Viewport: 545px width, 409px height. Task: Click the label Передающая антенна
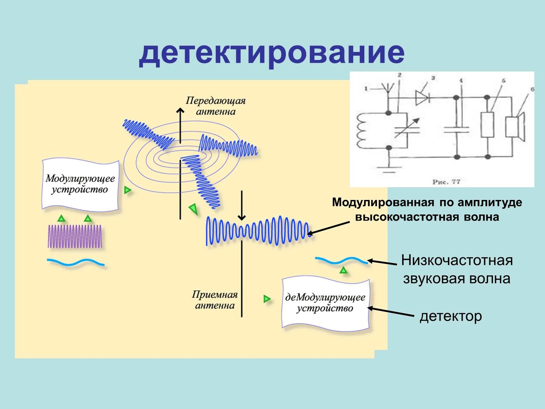click(x=215, y=106)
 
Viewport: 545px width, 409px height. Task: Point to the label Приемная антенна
click(x=215, y=300)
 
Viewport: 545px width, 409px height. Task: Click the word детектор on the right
click(x=451, y=316)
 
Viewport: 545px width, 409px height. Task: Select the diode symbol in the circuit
click(x=423, y=98)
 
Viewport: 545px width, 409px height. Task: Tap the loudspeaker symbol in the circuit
click(x=515, y=127)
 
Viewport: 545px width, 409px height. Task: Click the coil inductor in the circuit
click(x=362, y=131)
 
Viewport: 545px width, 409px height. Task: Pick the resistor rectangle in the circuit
click(x=487, y=125)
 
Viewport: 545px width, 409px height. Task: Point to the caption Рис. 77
click(x=446, y=182)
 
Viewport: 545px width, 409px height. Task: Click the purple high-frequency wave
click(x=75, y=237)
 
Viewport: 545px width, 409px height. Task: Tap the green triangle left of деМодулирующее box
click(x=267, y=299)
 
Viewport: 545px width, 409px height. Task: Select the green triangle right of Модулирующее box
click(x=127, y=190)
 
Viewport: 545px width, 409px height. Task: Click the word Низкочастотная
click(x=457, y=260)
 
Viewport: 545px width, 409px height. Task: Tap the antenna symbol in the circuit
click(x=388, y=88)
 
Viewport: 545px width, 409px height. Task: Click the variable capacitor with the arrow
click(x=407, y=128)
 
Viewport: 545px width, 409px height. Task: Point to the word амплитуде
click(x=490, y=202)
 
